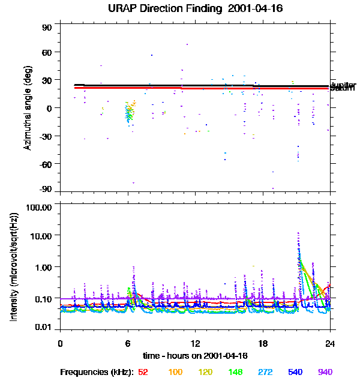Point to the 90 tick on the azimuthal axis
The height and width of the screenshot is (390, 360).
click(47, 28)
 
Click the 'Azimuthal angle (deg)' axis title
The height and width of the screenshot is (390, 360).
click(28, 108)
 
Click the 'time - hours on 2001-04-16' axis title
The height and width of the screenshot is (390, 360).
click(195, 356)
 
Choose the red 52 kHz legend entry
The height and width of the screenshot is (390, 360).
click(143, 373)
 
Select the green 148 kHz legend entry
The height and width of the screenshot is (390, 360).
click(235, 373)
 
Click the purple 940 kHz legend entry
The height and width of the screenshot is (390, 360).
click(325, 373)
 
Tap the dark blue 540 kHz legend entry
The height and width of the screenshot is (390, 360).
click(295, 373)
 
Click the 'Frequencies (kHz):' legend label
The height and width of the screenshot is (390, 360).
click(97, 373)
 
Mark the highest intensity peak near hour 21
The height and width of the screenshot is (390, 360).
click(298, 233)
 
